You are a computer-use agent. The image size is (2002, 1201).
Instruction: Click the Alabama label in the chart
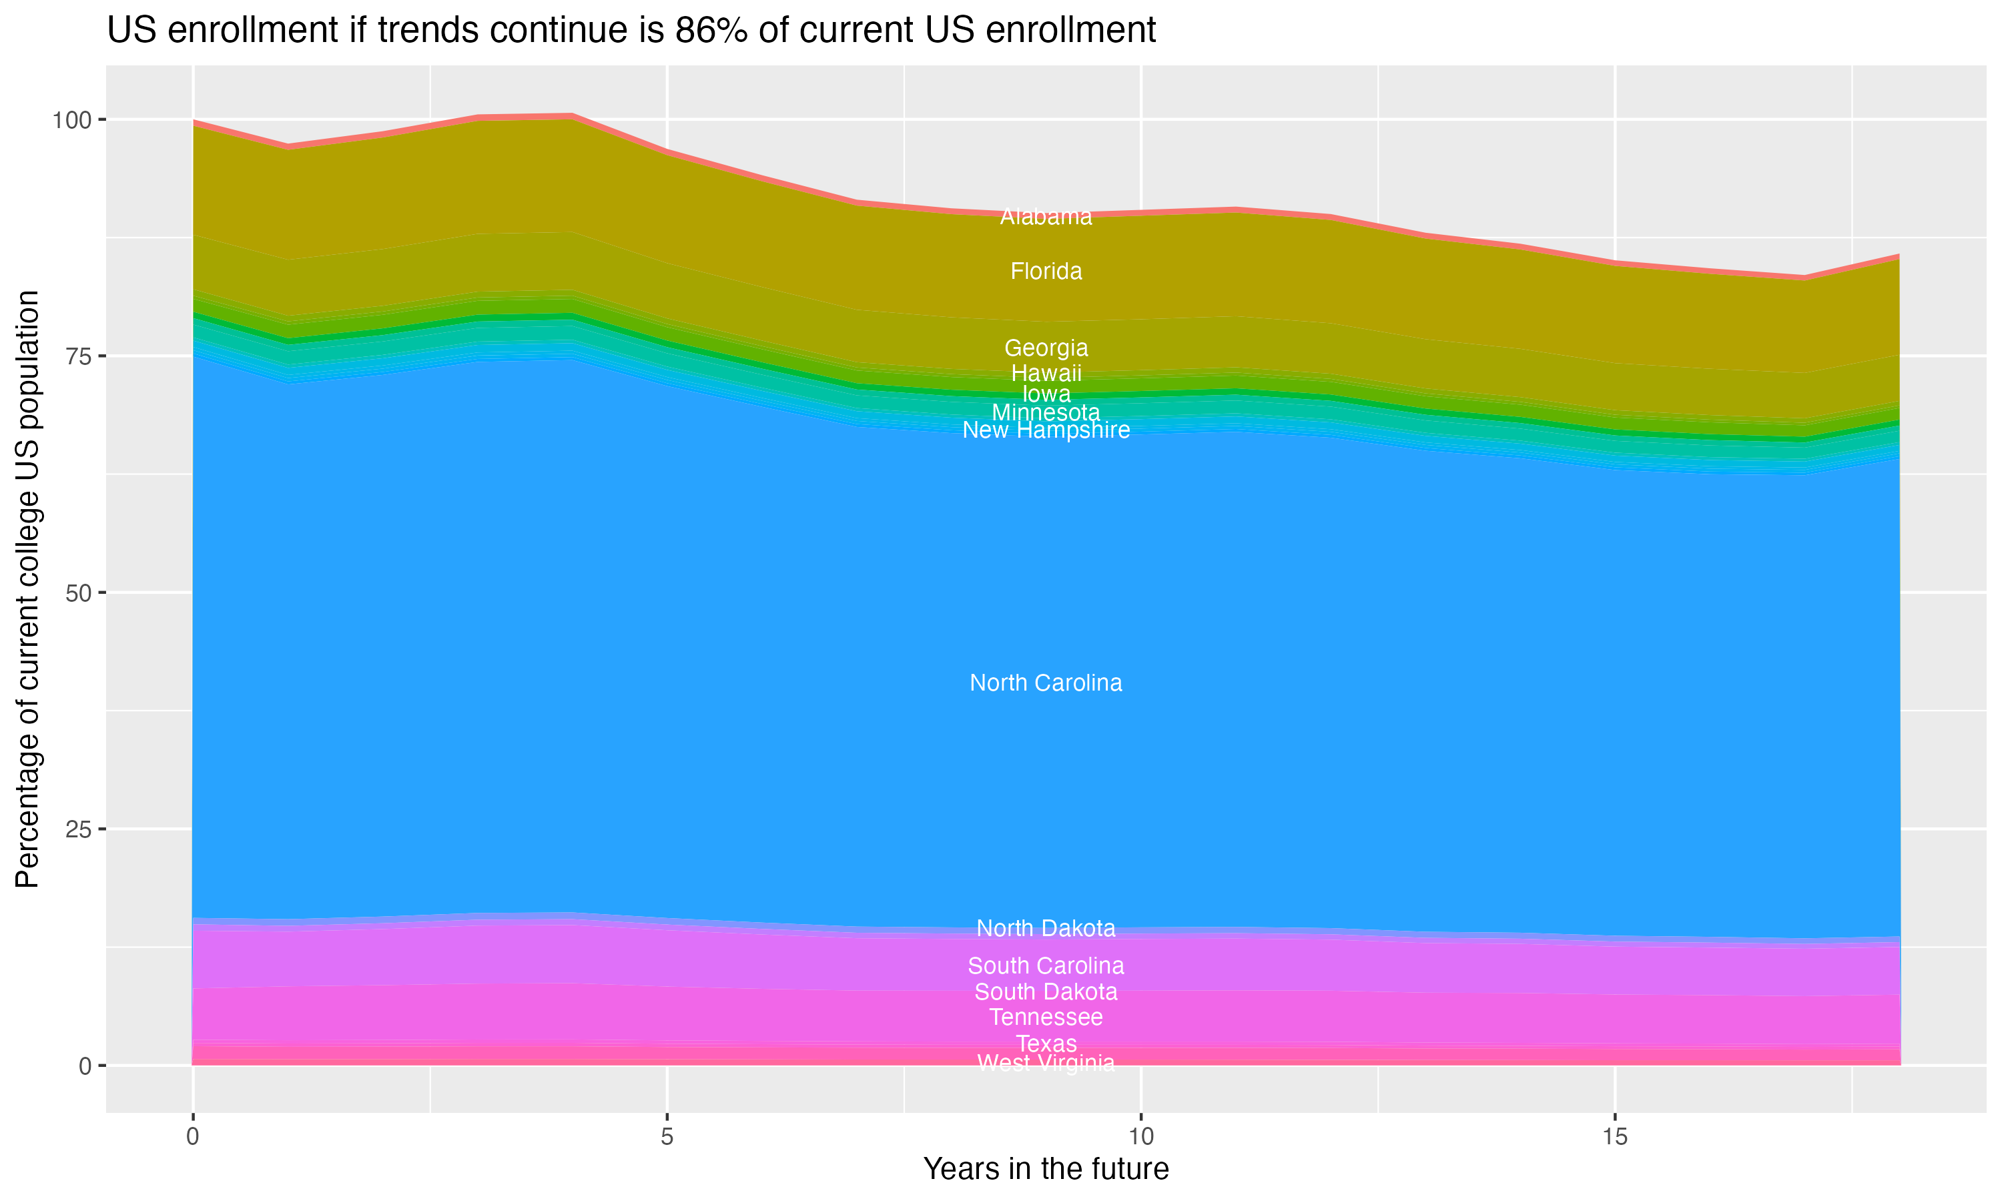1046,217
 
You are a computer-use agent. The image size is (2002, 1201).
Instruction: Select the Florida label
1046,271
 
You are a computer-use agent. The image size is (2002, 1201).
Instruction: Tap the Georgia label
1046,348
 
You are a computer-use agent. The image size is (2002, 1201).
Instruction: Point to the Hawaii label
1046,373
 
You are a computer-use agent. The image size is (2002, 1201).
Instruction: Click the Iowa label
1046,394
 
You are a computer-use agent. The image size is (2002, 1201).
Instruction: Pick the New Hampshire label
1046,430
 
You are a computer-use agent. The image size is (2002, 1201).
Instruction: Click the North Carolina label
1046,683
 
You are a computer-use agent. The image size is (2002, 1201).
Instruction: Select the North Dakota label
1046,928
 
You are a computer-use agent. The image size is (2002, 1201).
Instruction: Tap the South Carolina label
1046,965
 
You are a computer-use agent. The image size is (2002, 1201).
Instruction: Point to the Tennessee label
1046,1018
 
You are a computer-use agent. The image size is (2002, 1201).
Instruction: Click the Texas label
1046,1043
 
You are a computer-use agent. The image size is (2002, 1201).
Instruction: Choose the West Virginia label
1046,1064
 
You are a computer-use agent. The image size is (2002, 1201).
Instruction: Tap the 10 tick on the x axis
1140,1137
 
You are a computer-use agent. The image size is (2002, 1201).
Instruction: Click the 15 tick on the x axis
1614,1137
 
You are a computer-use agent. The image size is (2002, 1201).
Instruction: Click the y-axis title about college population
27,589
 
